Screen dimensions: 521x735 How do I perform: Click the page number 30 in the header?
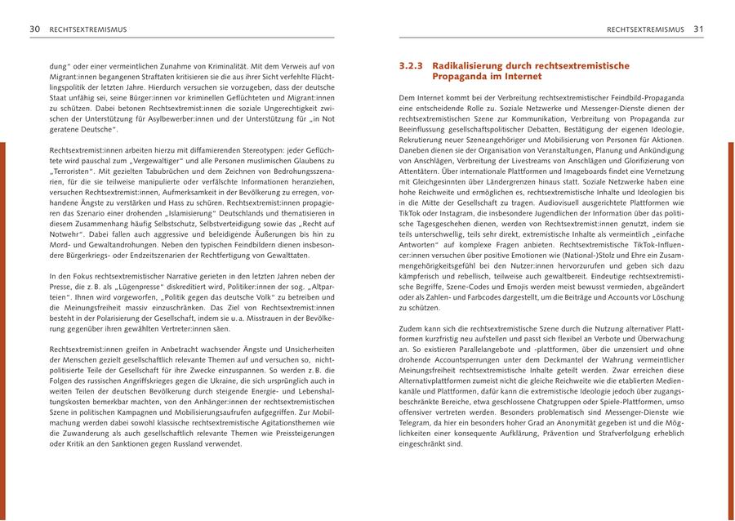click(35, 29)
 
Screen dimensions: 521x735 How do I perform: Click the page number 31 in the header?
click(698, 29)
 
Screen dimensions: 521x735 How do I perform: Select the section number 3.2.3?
click(411, 65)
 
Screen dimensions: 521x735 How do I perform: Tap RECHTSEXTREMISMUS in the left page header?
click(88, 29)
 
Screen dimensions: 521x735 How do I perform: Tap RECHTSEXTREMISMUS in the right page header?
click(645, 29)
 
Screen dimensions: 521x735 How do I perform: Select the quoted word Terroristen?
click(73, 171)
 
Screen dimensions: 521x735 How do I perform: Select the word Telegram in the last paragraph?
click(417, 423)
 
